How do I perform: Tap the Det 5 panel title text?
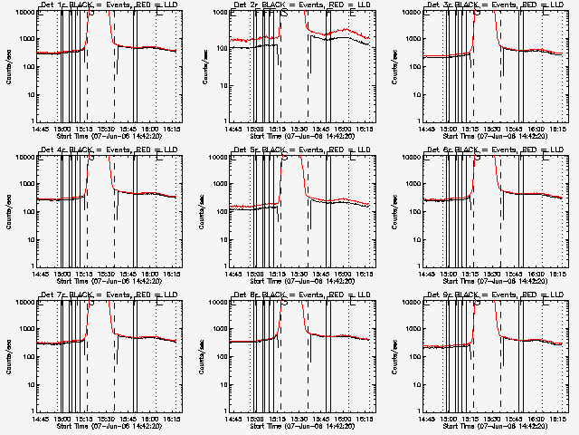(x=300, y=150)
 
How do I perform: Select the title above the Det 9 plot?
(x=493, y=295)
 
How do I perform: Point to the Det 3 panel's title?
(x=493, y=5)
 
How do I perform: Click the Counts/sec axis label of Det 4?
(x=8, y=209)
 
